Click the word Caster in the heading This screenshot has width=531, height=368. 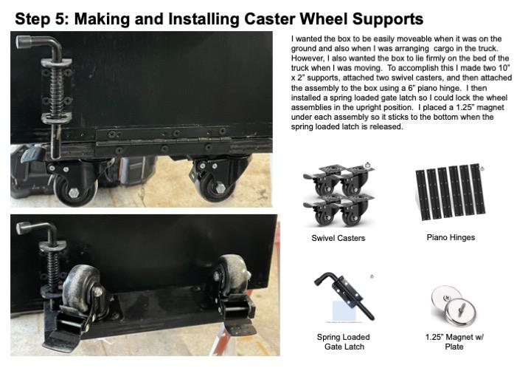[270, 19]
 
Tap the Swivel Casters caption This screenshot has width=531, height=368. [339, 238]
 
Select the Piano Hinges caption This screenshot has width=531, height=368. [451, 237]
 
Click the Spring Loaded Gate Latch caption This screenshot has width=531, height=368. [344, 342]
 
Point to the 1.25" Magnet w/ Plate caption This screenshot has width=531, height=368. [454, 342]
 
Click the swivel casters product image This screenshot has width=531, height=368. [339, 195]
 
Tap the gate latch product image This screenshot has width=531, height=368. [344, 296]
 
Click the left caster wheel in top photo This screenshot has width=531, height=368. [75, 191]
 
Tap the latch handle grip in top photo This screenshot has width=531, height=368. [25, 42]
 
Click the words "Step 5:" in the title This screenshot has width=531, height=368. [42, 19]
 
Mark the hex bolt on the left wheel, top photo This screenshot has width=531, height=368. [74, 192]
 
